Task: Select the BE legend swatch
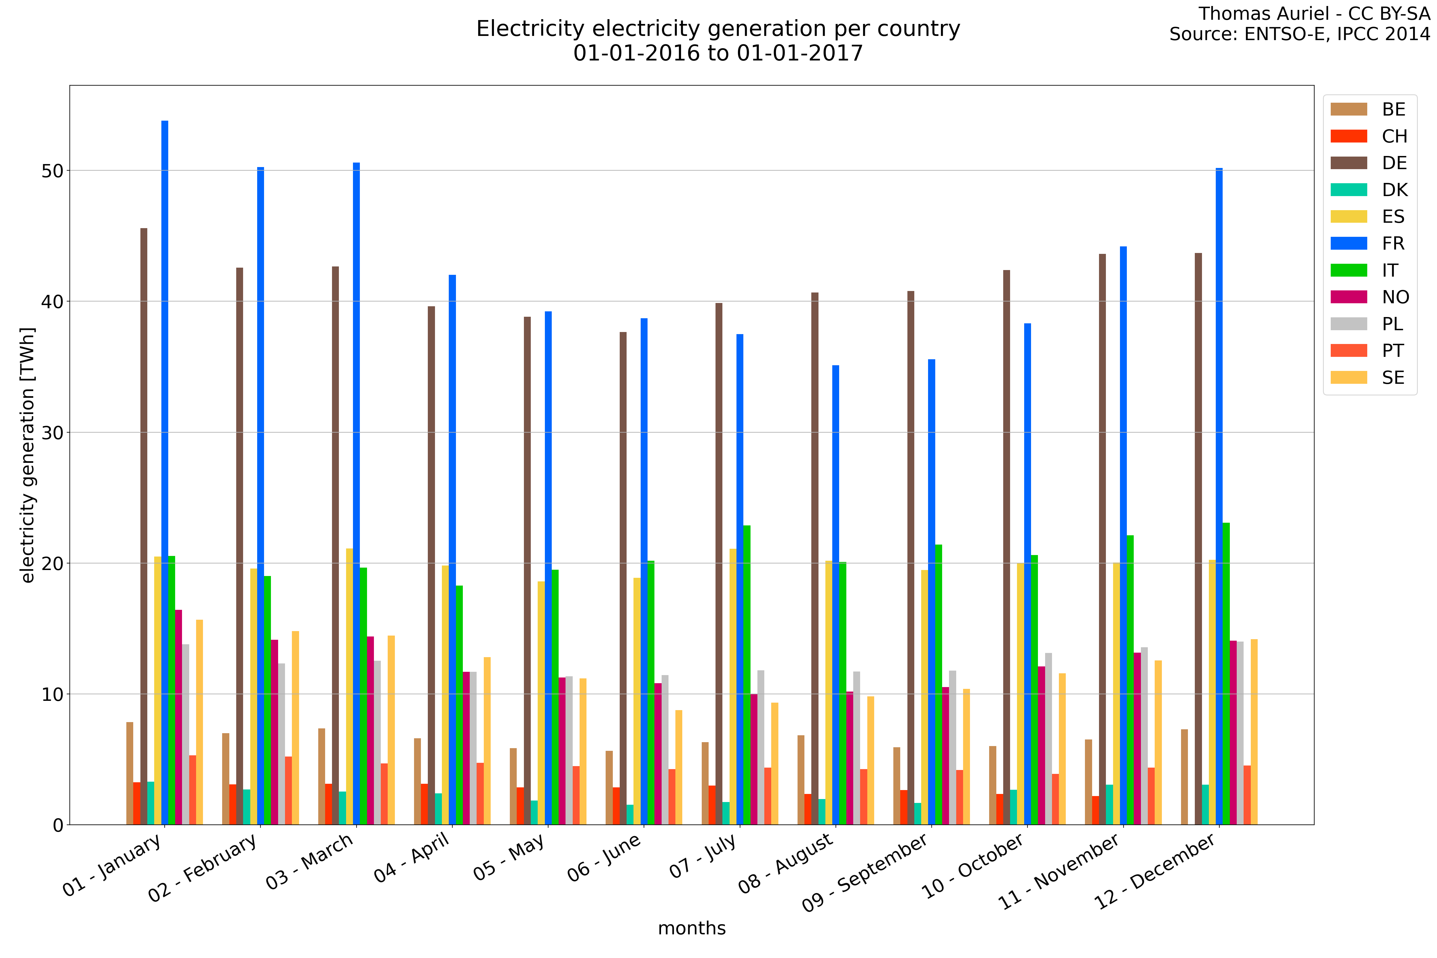(1348, 109)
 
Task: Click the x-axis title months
(692, 928)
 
